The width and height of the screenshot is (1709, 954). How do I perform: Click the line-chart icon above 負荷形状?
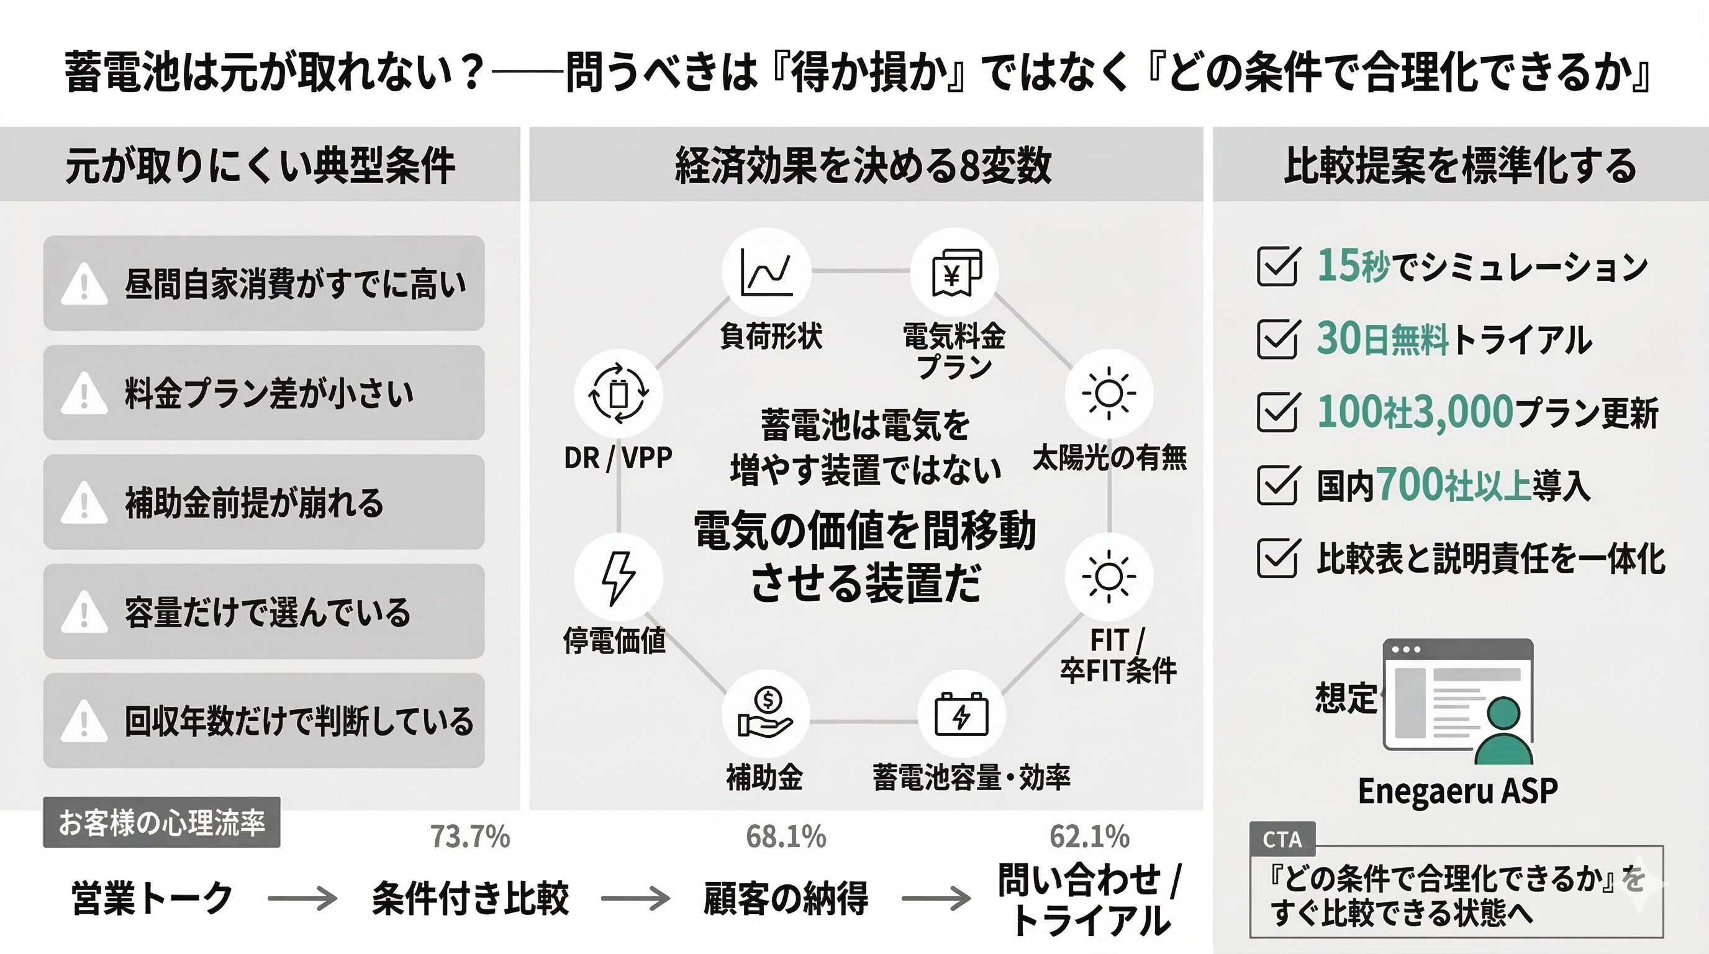766,272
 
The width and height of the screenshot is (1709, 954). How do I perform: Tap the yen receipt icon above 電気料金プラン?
956,272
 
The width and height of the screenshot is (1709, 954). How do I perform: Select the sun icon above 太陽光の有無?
1108,393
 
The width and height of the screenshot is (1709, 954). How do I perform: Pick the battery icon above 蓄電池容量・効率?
961,714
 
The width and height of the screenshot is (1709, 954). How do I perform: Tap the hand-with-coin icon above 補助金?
765,713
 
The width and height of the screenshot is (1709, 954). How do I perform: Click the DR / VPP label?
618,458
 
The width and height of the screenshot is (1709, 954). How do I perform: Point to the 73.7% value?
470,837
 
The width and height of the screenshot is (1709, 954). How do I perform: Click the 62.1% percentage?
1089,837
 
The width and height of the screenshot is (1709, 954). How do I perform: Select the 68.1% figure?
786,837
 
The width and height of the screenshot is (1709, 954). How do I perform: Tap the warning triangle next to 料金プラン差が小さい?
84,394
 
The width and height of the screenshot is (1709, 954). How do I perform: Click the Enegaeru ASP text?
1457,791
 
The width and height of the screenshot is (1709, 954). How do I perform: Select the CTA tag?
1282,840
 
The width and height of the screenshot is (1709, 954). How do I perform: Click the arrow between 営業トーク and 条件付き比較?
302,899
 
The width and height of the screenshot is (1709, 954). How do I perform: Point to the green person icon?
1503,731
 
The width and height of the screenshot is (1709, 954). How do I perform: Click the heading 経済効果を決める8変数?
863,165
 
